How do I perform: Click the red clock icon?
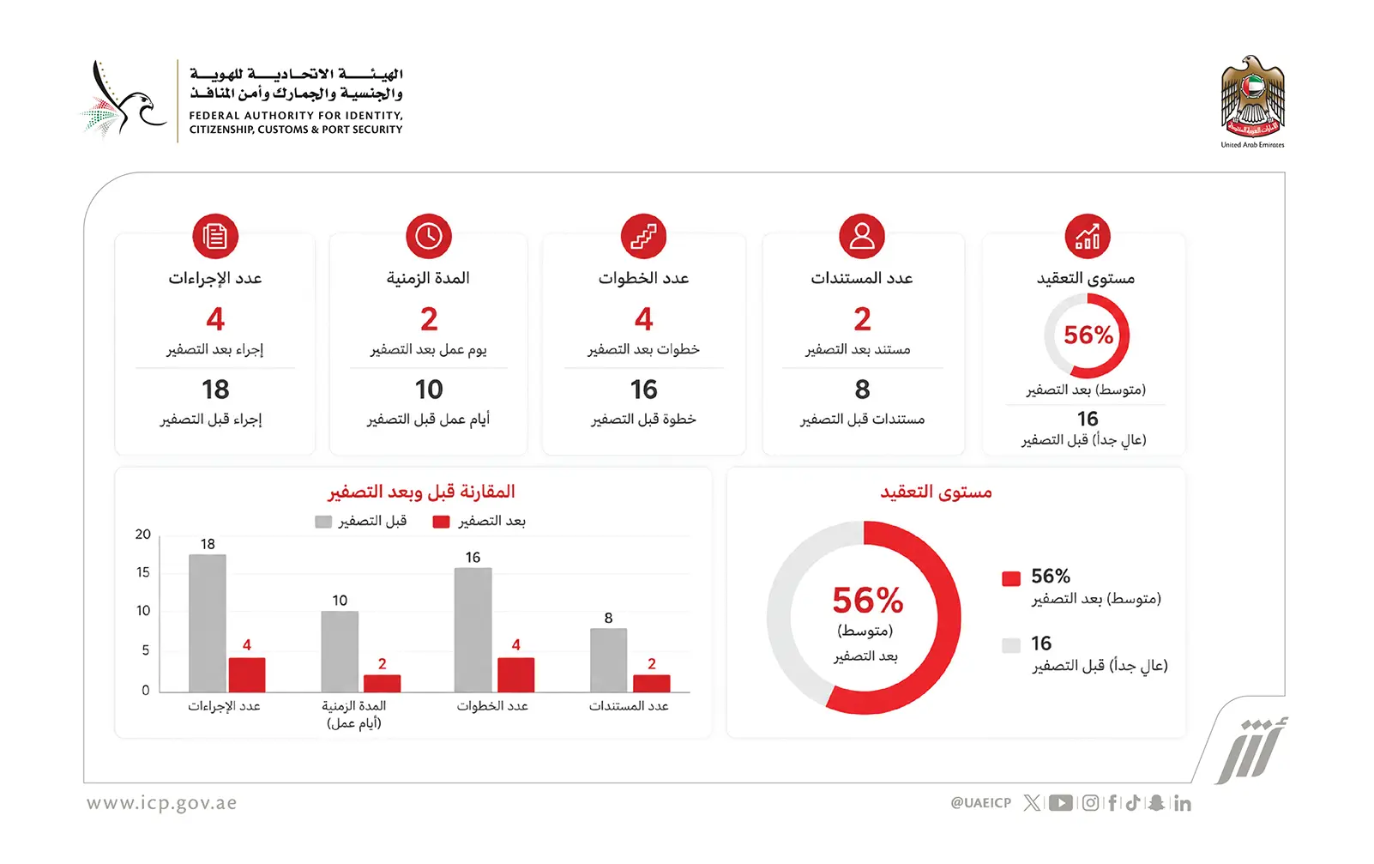pyautogui.click(x=429, y=236)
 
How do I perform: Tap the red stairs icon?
pyautogui.click(x=643, y=236)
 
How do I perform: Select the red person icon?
pyautogui.click(x=862, y=236)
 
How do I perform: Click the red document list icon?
pyautogui.click(x=215, y=236)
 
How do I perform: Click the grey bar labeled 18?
pyautogui.click(x=208, y=624)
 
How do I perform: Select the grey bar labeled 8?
pyautogui.click(x=608, y=661)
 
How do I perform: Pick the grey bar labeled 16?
pyautogui.click(x=473, y=631)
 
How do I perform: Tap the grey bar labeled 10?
pyautogui.click(x=340, y=652)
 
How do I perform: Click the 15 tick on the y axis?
pyautogui.click(x=143, y=572)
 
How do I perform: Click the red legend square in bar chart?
pyautogui.click(x=441, y=522)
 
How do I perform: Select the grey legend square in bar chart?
pyautogui.click(x=323, y=522)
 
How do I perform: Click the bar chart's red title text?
pyautogui.click(x=421, y=492)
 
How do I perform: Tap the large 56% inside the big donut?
pyautogui.click(x=867, y=600)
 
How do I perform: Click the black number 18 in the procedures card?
pyautogui.click(x=215, y=390)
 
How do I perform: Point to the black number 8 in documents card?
pyautogui.click(x=862, y=390)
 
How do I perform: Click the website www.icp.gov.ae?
pyautogui.click(x=162, y=803)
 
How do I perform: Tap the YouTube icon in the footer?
pyautogui.click(x=1061, y=802)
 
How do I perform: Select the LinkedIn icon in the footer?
pyautogui.click(x=1183, y=803)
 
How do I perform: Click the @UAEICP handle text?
pyautogui.click(x=981, y=802)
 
